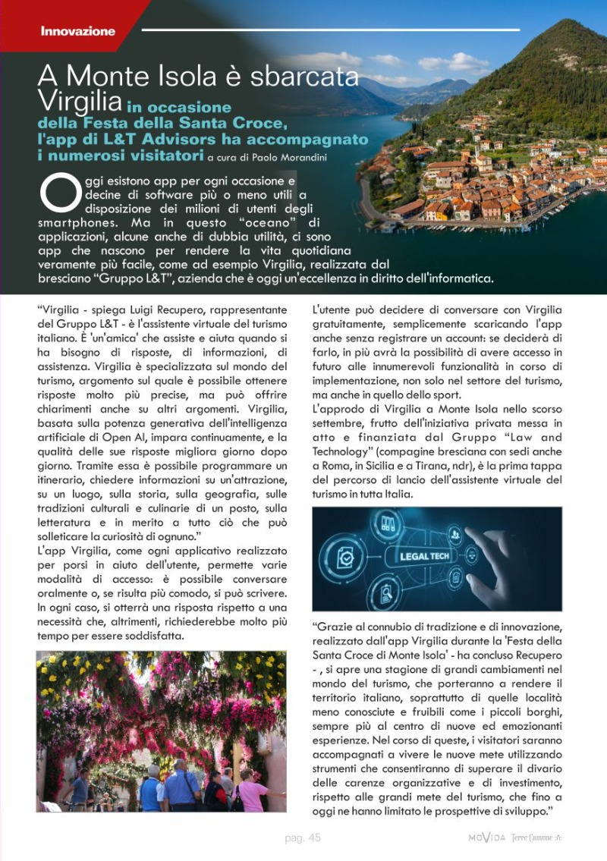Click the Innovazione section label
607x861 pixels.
pyautogui.click(x=77, y=31)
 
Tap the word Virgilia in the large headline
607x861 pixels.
pyautogui.click(x=80, y=99)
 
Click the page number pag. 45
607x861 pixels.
pyautogui.click(x=303, y=837)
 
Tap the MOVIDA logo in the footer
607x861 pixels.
pyautogui.click(x=486, y=837)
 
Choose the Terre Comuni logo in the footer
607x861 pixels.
pyautogui.click(x=537, y=837)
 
